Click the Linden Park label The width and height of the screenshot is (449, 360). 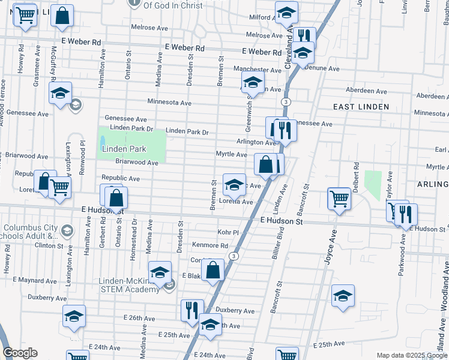pyautogui.click(x=124, y=149)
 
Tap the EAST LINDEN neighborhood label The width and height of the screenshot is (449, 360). pyautogui.click(x=361, y=107)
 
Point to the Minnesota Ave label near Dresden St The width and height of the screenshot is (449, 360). pyautogui.click(x=169, y=103)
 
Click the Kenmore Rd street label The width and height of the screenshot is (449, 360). pyautogui.click(x=209, y=245)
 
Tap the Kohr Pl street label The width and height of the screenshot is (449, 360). pyautogui.click(x=228, y=232)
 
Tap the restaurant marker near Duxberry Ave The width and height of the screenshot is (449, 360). pyautogui.click(x=191, y=310)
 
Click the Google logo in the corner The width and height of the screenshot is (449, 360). pyautogui.click(x=20, y=353)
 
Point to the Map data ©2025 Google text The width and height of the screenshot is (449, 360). pyautogui.click(x=411, y=355)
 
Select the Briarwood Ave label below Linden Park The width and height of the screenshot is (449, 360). pyautogui.click(x=136, y=163)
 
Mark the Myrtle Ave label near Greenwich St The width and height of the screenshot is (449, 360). pyautogui.click(x=231, y=154)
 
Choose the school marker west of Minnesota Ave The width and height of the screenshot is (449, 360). pyautogui.click(x=60, y=94)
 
